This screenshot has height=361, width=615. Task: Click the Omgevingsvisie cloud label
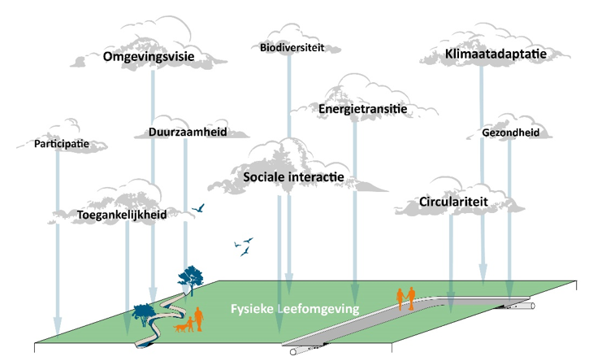pos(153,57)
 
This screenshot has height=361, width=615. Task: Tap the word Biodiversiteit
pos(292,47)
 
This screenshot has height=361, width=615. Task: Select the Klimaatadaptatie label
pos(494,54)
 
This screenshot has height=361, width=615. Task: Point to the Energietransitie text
pos(362,109)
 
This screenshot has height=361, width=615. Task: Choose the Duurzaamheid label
pos(187,132)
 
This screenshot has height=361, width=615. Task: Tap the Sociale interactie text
pos(293,176)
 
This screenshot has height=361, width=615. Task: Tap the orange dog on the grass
pos(180,328)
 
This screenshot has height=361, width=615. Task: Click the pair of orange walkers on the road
pos(405,298)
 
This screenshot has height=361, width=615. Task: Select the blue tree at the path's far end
pos(191,276)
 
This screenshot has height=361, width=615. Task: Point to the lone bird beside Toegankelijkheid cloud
pos(197,209)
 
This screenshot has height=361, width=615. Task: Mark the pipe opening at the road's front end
pos(288,355)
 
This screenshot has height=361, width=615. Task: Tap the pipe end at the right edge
pos(534,308)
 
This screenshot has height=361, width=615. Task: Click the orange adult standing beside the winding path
pos(199,319)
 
